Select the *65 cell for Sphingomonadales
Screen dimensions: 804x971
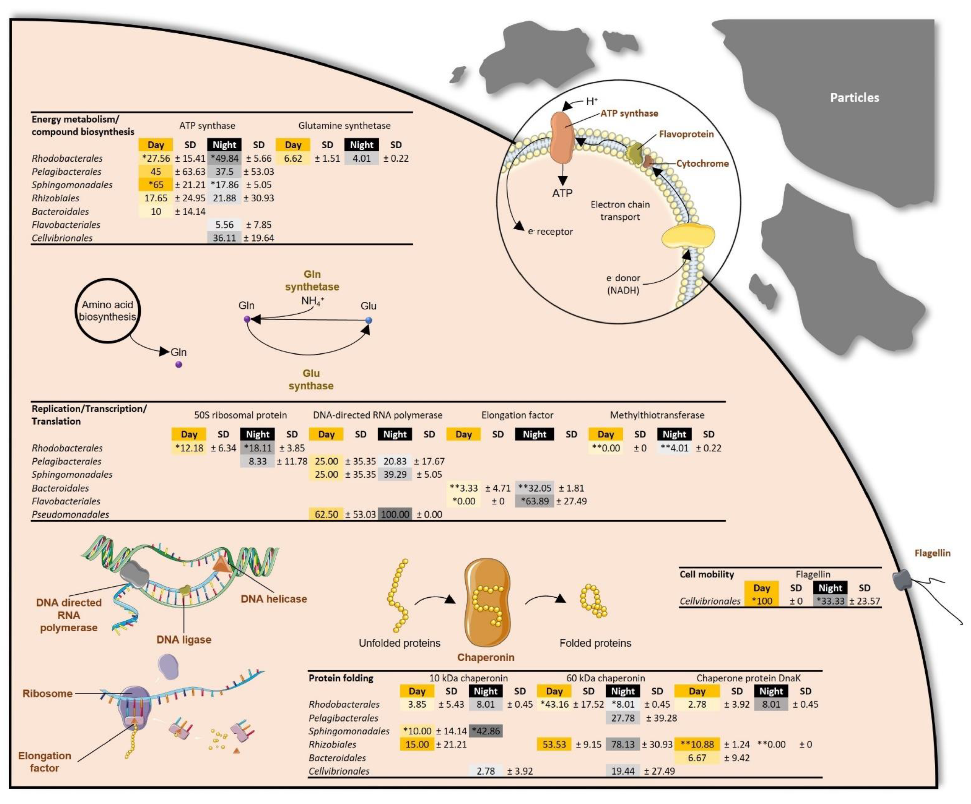pos(156,185)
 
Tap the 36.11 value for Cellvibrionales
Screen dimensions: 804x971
pos(224,238)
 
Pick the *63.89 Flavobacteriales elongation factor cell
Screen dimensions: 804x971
pos(535,501)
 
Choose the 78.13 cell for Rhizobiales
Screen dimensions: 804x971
pos(623,744)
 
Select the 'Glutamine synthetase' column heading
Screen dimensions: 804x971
pos(344,125)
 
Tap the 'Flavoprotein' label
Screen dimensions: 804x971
pos(686,134)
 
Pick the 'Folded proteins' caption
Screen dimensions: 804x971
pos(595,643)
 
